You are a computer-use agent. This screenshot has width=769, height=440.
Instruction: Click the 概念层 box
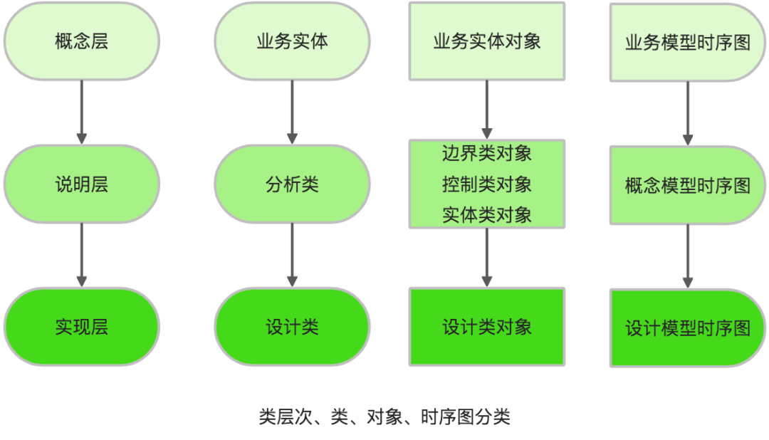tap(81, 41)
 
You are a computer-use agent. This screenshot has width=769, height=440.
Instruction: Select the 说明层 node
tap(81, 185)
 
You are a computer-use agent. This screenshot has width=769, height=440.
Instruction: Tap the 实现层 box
tap(81, 328)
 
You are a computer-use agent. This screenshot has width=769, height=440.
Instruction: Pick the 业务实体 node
tap(292, 41)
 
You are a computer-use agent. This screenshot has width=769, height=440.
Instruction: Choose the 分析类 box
tap(292, 185)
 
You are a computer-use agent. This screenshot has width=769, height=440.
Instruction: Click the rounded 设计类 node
tap(292, 328)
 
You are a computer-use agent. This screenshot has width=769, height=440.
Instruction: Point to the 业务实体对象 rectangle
tap(487, 41)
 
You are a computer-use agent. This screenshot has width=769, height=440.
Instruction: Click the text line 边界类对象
tap(487, 152)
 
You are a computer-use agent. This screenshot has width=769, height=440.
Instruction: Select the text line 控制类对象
tap(487, 184)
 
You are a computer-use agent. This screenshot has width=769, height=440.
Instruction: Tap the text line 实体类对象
tap(487, 214)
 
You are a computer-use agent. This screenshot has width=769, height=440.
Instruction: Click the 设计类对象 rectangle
tap(487, 328)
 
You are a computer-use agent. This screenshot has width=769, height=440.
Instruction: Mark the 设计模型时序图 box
tap(688, 328)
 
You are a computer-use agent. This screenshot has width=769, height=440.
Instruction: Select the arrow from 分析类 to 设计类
tap(292, 255)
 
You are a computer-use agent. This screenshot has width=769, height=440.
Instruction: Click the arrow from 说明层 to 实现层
tap(81, 255)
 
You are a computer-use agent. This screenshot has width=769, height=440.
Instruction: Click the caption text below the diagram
tap(384, 417)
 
